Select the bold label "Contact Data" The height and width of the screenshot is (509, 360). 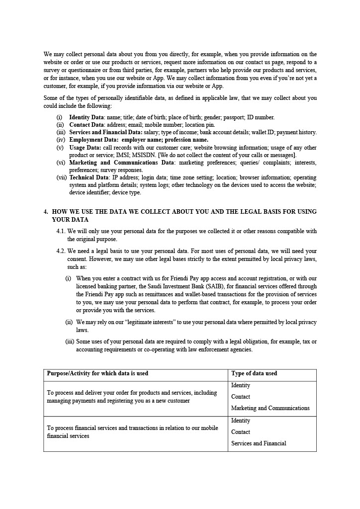coord(86,125)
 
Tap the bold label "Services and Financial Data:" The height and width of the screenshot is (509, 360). coord(105,132)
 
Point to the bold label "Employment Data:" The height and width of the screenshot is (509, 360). coord(93,140)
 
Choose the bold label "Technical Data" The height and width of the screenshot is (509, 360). coord(89,177)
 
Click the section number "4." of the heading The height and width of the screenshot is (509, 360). coord(46,212)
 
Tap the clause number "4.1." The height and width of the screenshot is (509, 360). coord(61,231)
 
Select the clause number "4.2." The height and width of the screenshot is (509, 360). coord(61,251)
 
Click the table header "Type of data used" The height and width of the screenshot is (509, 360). coord(254,373)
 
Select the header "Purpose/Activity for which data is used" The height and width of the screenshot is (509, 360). coord(97,373)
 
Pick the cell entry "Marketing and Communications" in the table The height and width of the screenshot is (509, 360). coord(270,408)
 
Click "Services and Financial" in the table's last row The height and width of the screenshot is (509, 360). coord(259,443)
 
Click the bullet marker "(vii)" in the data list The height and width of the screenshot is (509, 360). coord(61,177)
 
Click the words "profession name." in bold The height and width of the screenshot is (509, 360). coord(186,140)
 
